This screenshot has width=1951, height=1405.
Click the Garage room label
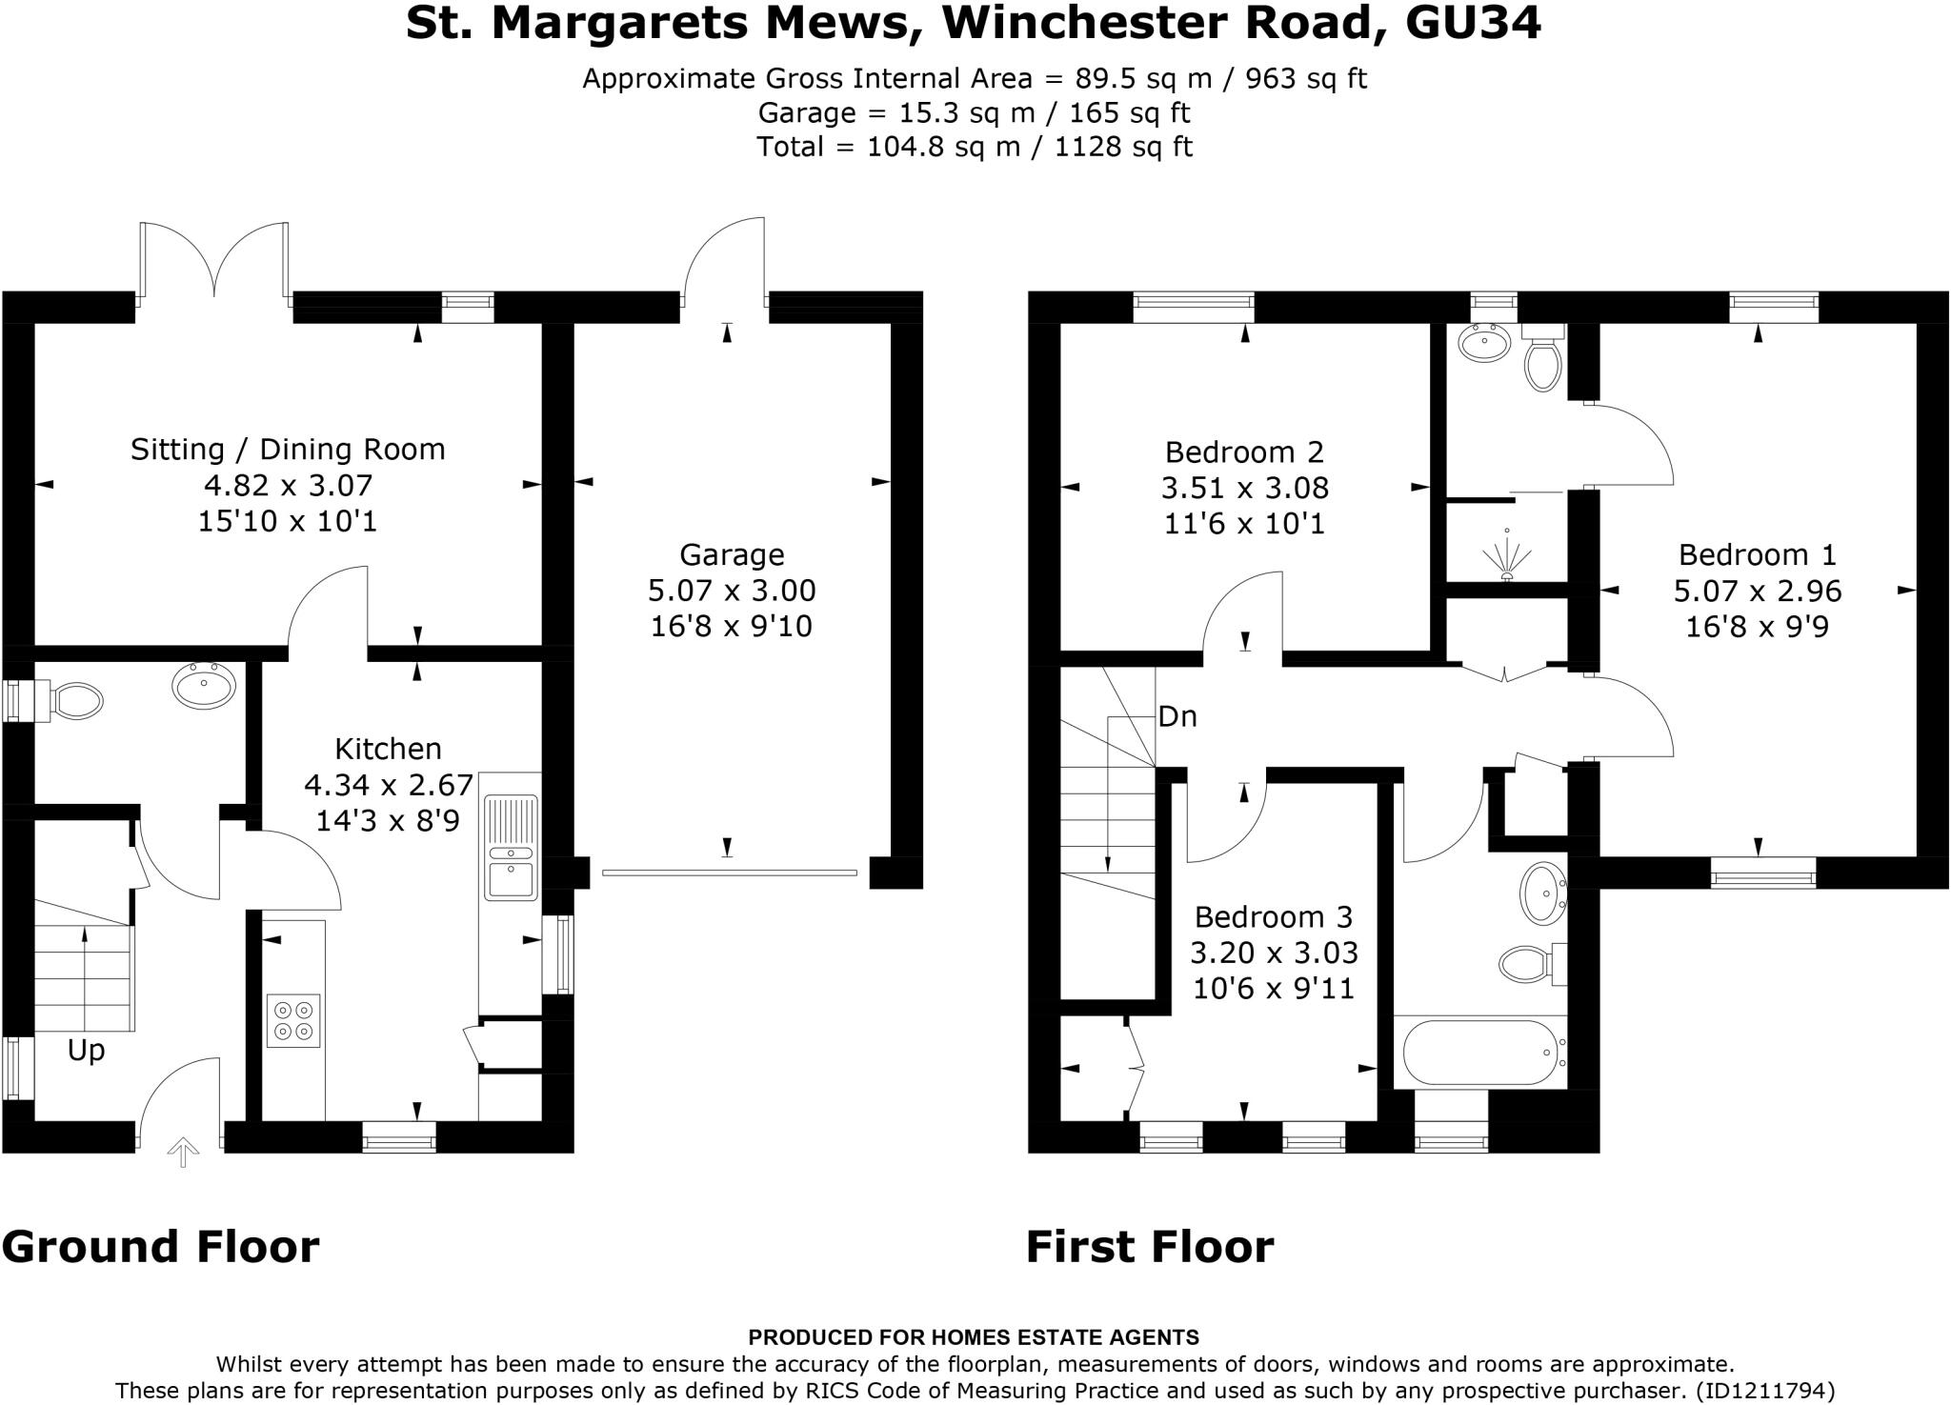coord(731,554)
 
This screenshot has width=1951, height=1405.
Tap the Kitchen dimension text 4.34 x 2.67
coord(388,785)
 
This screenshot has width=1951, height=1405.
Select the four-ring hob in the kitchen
coord(293,1020)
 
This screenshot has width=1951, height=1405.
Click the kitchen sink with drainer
coord(512,848)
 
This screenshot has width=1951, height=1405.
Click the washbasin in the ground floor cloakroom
coord(204,684)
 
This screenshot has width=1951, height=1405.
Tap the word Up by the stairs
coord(86,1051)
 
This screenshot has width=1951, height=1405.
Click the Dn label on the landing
coord(1177,716)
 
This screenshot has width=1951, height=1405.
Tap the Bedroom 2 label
coord(1244,452)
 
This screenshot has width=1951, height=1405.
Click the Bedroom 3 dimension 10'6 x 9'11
coord(1273,989)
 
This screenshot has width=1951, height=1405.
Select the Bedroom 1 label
coord(1757,554)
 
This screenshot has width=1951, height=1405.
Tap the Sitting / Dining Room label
coord(288,449)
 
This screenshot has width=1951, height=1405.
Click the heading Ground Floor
coord(160,1247)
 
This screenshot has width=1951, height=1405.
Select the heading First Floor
coord(1149,1247)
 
